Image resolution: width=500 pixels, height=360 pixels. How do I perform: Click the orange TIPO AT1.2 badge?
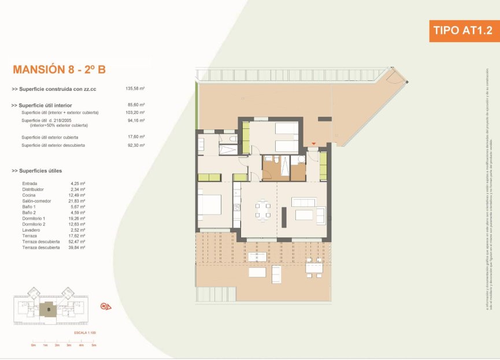click(x=464, y=30)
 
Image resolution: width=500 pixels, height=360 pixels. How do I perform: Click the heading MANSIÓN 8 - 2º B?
click(x=59, y=70)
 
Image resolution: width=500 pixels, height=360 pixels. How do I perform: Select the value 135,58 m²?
click(x=135, y=89)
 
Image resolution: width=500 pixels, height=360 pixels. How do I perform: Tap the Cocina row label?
click(x=28, y=195)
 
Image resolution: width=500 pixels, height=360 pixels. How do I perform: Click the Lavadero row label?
click(x=31, y=229)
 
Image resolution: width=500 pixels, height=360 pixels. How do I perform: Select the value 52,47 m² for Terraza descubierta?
click(x=77, y=241)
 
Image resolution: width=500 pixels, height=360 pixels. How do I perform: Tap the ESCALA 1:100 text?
click(x=85, y=334)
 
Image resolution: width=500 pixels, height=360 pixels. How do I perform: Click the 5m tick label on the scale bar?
click(x=92, y=345)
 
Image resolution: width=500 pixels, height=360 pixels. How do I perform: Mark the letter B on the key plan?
click(x=49, y=309)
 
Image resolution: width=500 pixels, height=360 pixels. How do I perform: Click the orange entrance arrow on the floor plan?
click(x=314, y=143)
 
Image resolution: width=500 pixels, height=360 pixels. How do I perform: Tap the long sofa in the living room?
click(x=303, y=202)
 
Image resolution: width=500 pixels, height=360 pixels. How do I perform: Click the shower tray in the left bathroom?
click(x=229, y=150)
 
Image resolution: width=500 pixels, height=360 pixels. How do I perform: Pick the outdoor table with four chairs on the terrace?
click(x=314, y=267)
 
